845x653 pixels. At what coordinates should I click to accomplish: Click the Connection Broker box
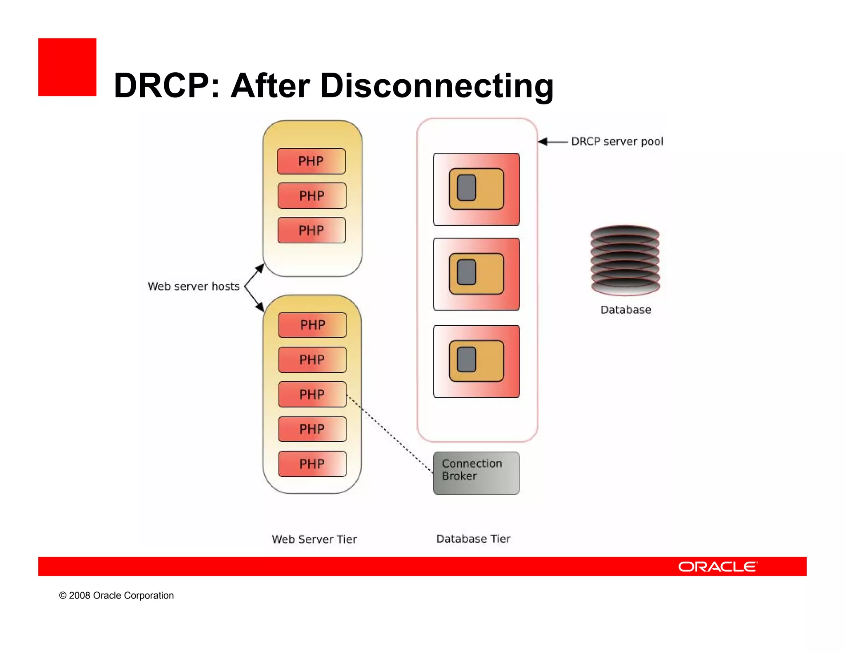[x=476, y=473]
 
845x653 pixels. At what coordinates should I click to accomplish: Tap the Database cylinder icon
[x=625, y=260]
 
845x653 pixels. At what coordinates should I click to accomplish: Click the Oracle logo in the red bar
[x=718, y=566]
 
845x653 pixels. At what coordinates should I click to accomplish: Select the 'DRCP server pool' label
[x=617, y=142]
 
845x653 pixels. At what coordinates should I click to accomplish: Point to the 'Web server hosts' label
[x=194, y=286]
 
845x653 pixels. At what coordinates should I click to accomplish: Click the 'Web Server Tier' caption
[x=314, y=539]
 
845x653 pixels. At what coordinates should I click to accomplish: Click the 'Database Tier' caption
[x=473, y=539]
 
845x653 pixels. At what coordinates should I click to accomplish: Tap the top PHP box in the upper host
[x=311, y=161]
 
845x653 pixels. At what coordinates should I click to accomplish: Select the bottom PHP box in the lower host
[x=312, y=464]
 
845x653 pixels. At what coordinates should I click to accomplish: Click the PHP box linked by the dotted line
[x=312, y=394]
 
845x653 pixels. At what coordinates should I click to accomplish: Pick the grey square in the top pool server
[x=467, y=187]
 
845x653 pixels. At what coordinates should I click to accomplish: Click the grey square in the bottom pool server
[x=467, y=359]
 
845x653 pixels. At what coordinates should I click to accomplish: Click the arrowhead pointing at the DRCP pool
[x=543, y=142]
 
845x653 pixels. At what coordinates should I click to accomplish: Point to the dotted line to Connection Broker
[x=390, y=433]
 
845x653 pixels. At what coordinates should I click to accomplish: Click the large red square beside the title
[x=67, y=67]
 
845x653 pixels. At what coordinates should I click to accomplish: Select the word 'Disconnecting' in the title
[x=437, y=85]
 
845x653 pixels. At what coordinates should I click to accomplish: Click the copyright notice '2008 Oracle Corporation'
[x=116, y=595]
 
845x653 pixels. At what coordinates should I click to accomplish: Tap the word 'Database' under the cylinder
[x=625, y=310]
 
